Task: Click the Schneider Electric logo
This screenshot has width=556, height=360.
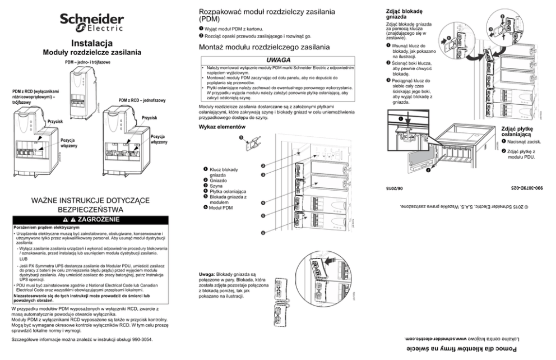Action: click(92, 22)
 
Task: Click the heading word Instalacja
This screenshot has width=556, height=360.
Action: click(92, 43)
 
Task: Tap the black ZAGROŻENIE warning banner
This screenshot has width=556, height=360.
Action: click(92, 219)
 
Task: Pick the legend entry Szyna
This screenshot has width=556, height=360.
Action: click(216, 186)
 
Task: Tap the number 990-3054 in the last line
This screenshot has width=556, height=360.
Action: click(138, 340)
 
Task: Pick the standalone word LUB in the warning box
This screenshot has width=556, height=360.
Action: click(23, 260)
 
